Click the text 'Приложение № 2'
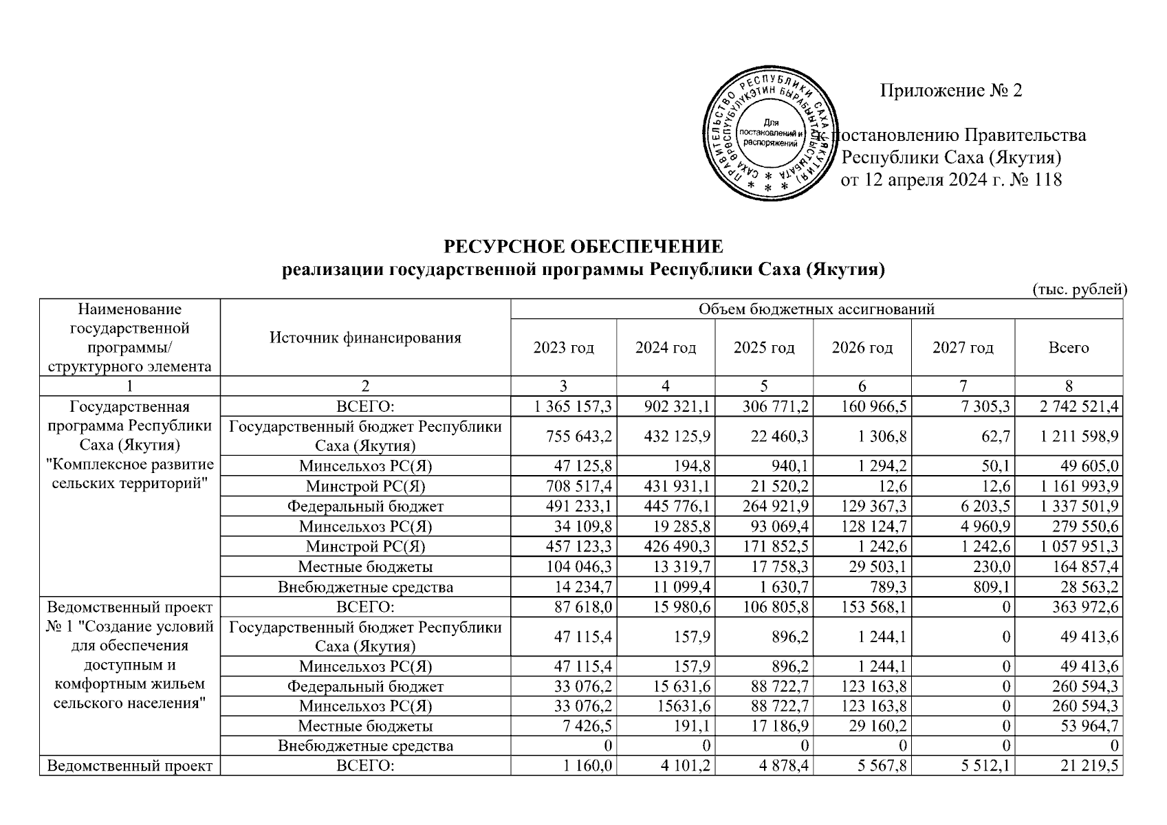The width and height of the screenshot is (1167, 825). [951, 91]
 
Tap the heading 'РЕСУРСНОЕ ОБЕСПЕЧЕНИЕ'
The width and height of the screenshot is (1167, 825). [583, 246]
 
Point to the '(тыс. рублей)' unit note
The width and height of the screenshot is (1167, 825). [1079, 289]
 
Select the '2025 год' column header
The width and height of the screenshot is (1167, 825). [764, 348]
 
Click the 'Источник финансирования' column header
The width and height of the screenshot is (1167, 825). [365, 338]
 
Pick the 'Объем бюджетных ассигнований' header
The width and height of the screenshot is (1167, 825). [816, 309]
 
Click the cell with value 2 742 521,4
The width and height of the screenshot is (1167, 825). [1079, 407]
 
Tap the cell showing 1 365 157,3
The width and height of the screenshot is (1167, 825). [573, 407]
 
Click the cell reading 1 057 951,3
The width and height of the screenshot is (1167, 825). [1079, 547]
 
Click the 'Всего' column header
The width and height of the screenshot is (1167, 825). [1068, 348]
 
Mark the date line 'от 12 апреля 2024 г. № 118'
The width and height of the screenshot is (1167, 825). [951, 180]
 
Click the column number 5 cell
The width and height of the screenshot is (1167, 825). [764, 386]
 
